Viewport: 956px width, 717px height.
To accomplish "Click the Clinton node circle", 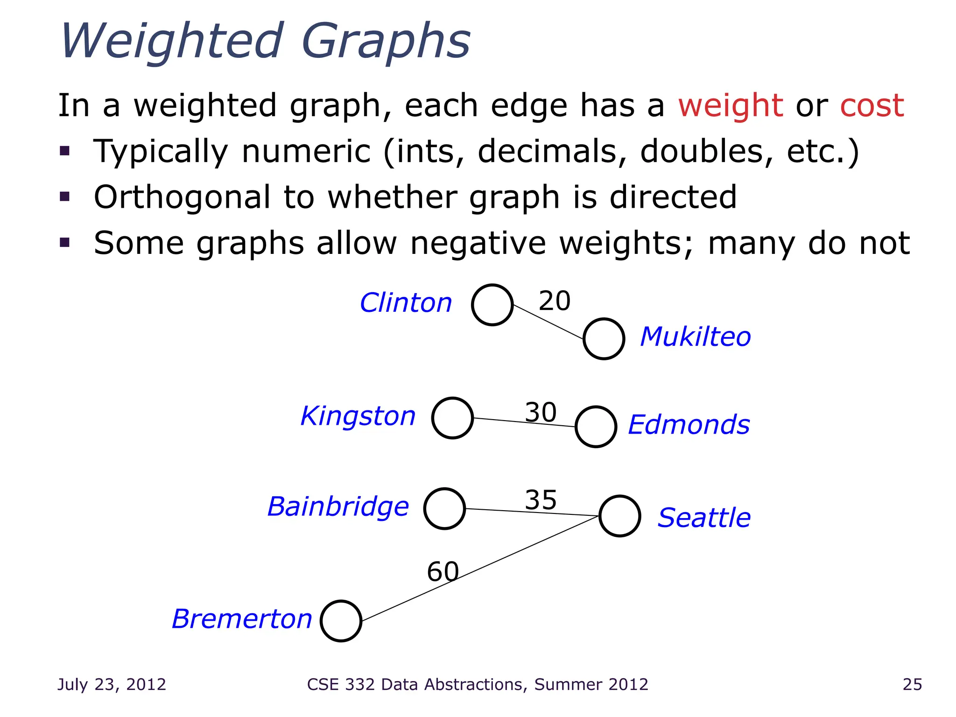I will pos(492,305).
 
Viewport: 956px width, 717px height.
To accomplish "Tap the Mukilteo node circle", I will pos(604,339).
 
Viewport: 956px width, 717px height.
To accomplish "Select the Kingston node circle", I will pos(452,418).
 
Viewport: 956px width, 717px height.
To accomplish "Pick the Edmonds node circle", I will pos(596,427).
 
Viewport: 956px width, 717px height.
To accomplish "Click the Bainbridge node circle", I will pos(444,508).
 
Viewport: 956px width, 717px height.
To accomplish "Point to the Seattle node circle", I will pos(619,516).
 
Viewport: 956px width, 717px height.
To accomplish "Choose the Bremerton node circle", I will pos(341,621).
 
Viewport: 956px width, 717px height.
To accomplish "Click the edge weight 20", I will pos(555,301).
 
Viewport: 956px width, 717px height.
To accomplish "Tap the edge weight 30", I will pos(541,412).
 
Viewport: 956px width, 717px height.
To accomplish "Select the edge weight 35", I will pos(541,500).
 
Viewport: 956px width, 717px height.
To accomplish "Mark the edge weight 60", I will pos(443,571).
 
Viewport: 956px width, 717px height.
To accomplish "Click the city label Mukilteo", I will pos(695,337).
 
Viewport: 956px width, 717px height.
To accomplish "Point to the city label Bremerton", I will pos(242,619).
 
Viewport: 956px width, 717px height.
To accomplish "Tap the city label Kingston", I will pos(358,416).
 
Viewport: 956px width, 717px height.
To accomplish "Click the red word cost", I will pos(872,105).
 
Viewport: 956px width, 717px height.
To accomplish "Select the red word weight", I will pos(731,106).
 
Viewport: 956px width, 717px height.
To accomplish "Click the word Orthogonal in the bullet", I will pos(182,197).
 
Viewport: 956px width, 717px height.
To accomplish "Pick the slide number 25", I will pos(912,684).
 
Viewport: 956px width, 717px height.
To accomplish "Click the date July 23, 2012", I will pos(112,684).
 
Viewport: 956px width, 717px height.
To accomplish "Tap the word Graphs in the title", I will pos(386,42).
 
